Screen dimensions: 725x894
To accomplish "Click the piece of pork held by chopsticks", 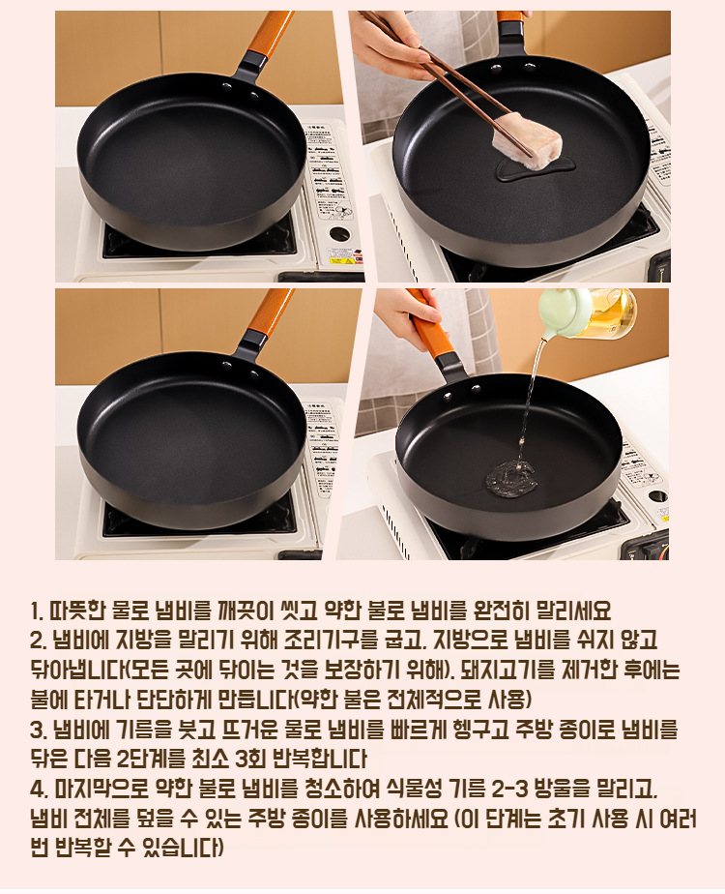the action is (x=527, y=141).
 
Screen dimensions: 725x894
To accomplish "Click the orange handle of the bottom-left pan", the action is (x=274, y=311).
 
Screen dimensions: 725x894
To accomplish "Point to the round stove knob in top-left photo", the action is (x=340, y=234).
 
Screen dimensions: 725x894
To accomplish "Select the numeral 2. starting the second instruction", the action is (x=38, y=641).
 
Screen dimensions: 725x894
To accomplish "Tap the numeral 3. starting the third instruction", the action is (x=38, y=730).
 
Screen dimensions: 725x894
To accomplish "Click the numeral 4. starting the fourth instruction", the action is (x=38, y=790).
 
